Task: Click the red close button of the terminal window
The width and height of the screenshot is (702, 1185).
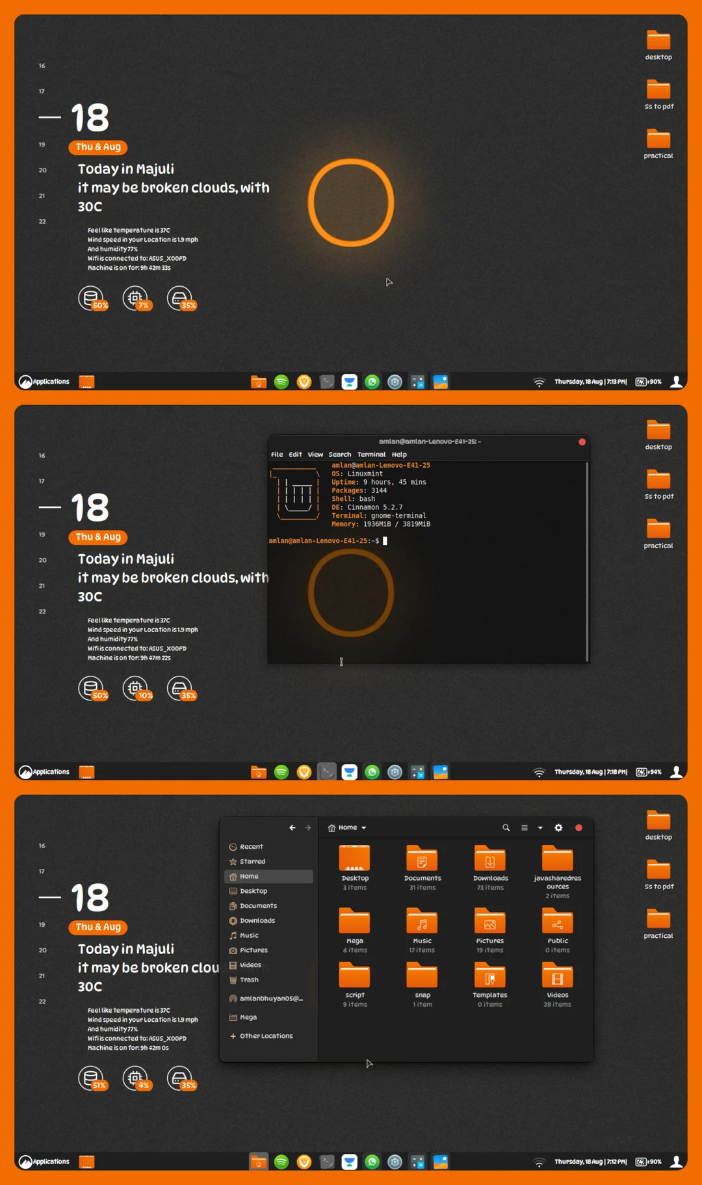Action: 582,442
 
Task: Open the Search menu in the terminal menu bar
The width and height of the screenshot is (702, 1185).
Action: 339,455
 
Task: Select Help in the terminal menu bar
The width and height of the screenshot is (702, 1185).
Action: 399,455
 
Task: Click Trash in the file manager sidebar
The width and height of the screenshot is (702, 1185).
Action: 249,980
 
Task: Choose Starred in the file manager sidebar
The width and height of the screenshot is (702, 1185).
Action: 252,862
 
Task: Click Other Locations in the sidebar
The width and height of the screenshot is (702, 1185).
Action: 266,1036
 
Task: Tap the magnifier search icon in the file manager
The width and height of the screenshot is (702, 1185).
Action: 506,828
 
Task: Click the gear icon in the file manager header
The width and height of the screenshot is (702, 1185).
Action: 558,828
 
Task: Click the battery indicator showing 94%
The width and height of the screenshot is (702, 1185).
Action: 648,772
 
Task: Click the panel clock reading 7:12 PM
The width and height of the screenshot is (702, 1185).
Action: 590,1162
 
